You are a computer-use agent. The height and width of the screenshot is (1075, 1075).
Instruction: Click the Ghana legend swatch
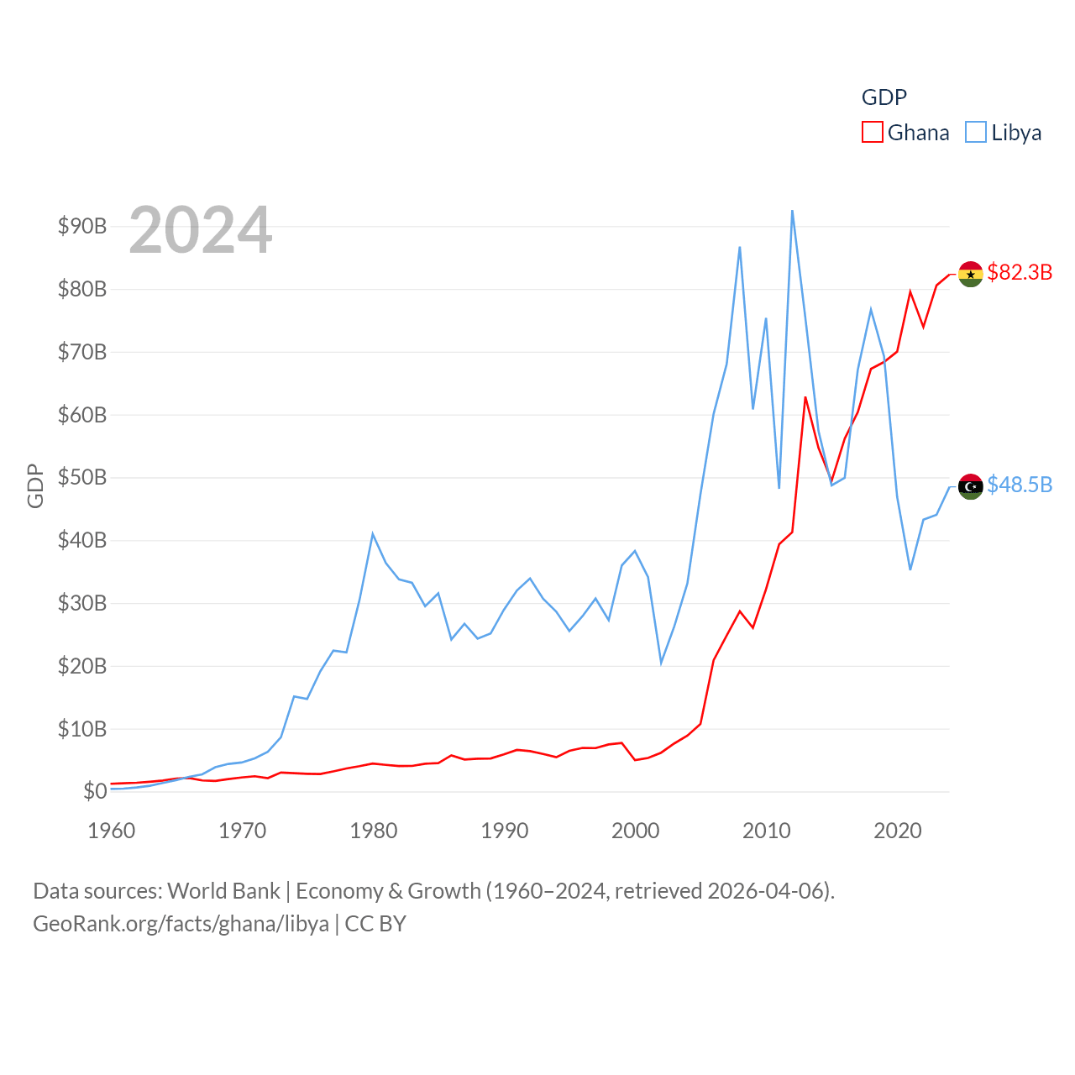[873, 133]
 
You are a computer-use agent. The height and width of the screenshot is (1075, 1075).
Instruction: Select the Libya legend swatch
[976, 133]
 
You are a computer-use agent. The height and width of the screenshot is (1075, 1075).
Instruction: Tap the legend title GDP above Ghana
[884, 97]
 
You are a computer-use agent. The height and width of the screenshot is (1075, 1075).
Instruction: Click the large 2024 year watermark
[200, 229]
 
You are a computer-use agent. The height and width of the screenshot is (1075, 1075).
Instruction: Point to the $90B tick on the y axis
[82, 226]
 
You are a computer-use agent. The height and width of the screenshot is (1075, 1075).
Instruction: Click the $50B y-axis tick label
[82, 477]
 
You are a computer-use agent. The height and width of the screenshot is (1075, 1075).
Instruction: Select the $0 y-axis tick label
[95, 791]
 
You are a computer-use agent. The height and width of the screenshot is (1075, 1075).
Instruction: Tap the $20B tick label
[82, 666]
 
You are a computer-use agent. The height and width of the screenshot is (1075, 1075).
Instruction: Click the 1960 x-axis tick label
[112, 831]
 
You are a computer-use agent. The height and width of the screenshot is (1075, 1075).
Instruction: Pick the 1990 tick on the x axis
[505, 831]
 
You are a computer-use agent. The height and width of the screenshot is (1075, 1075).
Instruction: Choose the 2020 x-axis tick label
[898, 831]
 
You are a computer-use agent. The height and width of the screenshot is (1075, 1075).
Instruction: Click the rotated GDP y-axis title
[35, 485]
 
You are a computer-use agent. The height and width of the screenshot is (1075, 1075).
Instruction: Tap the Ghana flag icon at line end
[971, 274]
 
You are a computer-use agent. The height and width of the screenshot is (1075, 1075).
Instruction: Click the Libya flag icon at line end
[971, 486]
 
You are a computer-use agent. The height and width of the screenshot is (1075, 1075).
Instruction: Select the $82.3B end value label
[1020, 272]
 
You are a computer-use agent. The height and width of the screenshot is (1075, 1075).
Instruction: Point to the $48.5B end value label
[1020, 485]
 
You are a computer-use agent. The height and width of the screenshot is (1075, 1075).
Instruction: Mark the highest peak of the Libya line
[792, 211]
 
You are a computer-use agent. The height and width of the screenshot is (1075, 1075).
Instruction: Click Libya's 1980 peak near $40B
[373, 534]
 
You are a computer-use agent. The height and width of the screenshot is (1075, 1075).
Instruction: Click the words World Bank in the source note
[223, 890]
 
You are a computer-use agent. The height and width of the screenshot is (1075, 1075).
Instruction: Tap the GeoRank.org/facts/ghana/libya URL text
[181, 924]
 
